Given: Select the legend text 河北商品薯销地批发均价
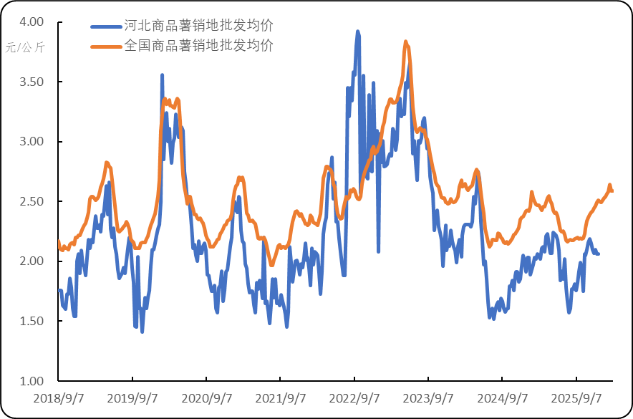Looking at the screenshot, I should click(198, 26).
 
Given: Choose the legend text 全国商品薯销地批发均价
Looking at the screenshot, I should click(198, 46).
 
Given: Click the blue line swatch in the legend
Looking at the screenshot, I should click(105, 27).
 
